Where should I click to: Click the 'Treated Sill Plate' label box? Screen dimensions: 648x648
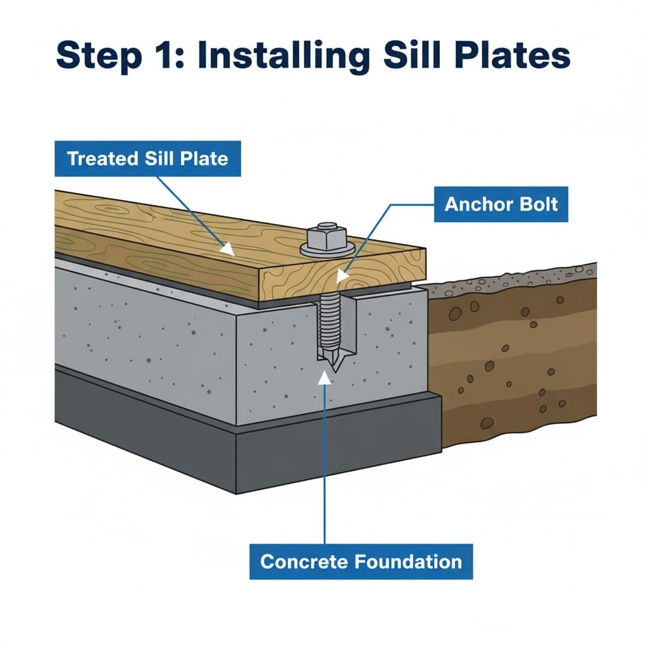pyautogui.click(x=147, y=158)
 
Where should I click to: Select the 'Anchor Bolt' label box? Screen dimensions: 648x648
pyautogui.click(x=501, y=204)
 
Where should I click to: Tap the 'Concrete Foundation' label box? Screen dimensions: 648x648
pyautogui.click(x=361, y=561)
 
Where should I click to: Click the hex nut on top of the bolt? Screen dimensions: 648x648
pyautogui.click(x=327, y=235)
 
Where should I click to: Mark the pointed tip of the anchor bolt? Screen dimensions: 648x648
pyautogui.click(x=332, y=365)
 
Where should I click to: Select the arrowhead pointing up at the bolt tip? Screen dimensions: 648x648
pyautogui.click(x=325, y=377)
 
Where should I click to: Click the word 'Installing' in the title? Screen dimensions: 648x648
pyautogui.click(x=283, y=55)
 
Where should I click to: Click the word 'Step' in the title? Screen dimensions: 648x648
pyautogui.click(x=97, y=55)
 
